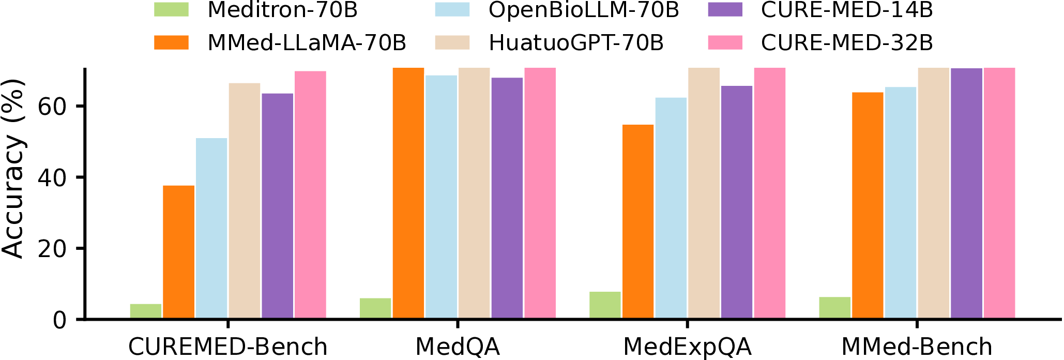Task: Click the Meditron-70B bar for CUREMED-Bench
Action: pyautogui.click(x=146, y=311)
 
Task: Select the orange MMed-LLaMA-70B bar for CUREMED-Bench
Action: pyautogui.click(x=179, y=252)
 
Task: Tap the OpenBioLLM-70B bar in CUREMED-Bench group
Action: pyautogui.click(x=211, y=228)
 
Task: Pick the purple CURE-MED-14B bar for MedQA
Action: pyautogui.click(x=507, y=198)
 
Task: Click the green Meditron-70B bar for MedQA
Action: pyautogui.click(x=375, y=308)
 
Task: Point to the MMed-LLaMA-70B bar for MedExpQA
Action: pyautogui.click(x=638, y=221)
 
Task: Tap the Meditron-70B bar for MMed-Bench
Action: pyautogui.click(x=834, y=308)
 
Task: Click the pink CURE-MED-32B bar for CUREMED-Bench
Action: pyautogui.click(x=310, y=194)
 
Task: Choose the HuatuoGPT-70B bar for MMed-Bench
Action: pyautogui.click(x=934, y=193)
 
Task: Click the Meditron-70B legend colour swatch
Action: pyautogui.click(x=171, y=10)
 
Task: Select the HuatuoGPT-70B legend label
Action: pyautogui.click(x=576, y=43)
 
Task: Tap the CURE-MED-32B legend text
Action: pyautogui.click(x=847, y=43)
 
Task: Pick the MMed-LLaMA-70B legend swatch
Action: pyautogui.click(x=171, y=42)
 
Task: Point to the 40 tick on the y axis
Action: pyautogui.click(x=52, y=177)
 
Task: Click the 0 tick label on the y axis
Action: pyautogui.click(x=59, y=321)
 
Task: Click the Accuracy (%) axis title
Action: pyautogui.click(x=13, y=168)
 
